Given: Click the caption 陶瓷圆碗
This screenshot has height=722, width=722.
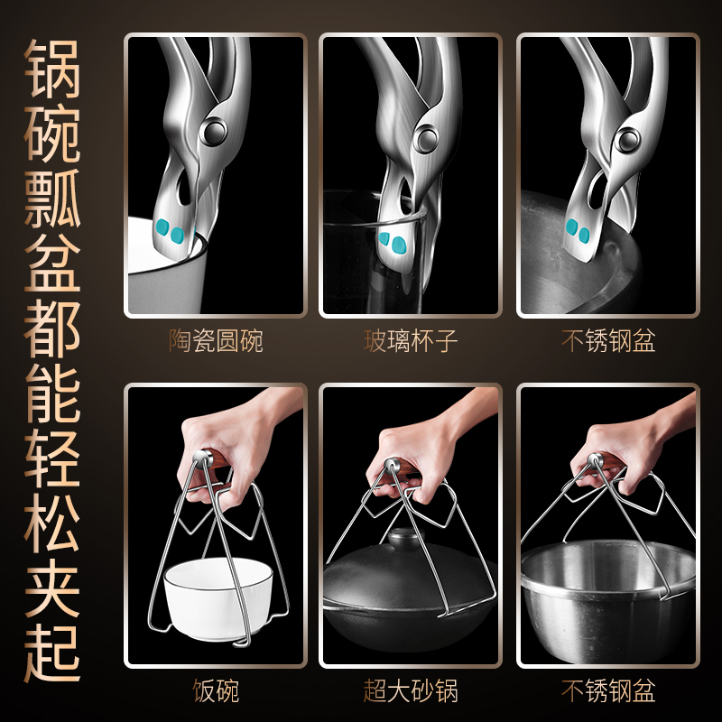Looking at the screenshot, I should click(x=216, y=342).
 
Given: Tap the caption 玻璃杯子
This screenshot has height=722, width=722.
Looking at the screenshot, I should click(x=411, y=342).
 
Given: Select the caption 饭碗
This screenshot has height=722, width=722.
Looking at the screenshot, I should click(x=216, y=692).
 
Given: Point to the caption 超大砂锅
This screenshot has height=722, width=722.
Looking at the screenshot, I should click(x=411, y=692).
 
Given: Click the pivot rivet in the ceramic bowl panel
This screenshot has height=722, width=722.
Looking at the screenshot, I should click(x=215, y=130).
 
